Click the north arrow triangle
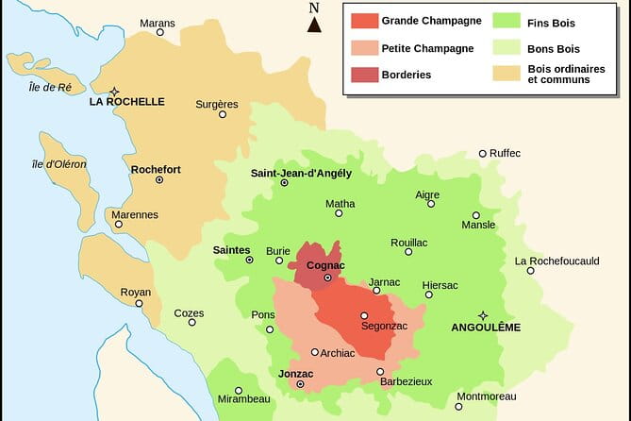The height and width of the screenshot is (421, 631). (314, 25)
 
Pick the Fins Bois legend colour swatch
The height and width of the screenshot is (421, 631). (507, 20)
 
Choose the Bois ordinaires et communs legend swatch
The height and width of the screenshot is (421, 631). (507, 74)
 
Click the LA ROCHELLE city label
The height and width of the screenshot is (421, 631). (126, 102)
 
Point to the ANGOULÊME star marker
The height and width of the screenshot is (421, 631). (483, 315)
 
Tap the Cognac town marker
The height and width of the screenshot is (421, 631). (327, 278)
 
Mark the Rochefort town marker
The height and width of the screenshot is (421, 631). (159, 179)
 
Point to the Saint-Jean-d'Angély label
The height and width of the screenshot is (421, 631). (301, 173)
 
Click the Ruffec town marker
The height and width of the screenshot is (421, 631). (483, 153)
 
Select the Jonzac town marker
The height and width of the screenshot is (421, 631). (300, 385)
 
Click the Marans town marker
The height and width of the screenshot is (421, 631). (159, 32)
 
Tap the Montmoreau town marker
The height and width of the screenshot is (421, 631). (459, 407)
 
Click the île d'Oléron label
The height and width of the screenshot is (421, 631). (58, 164)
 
